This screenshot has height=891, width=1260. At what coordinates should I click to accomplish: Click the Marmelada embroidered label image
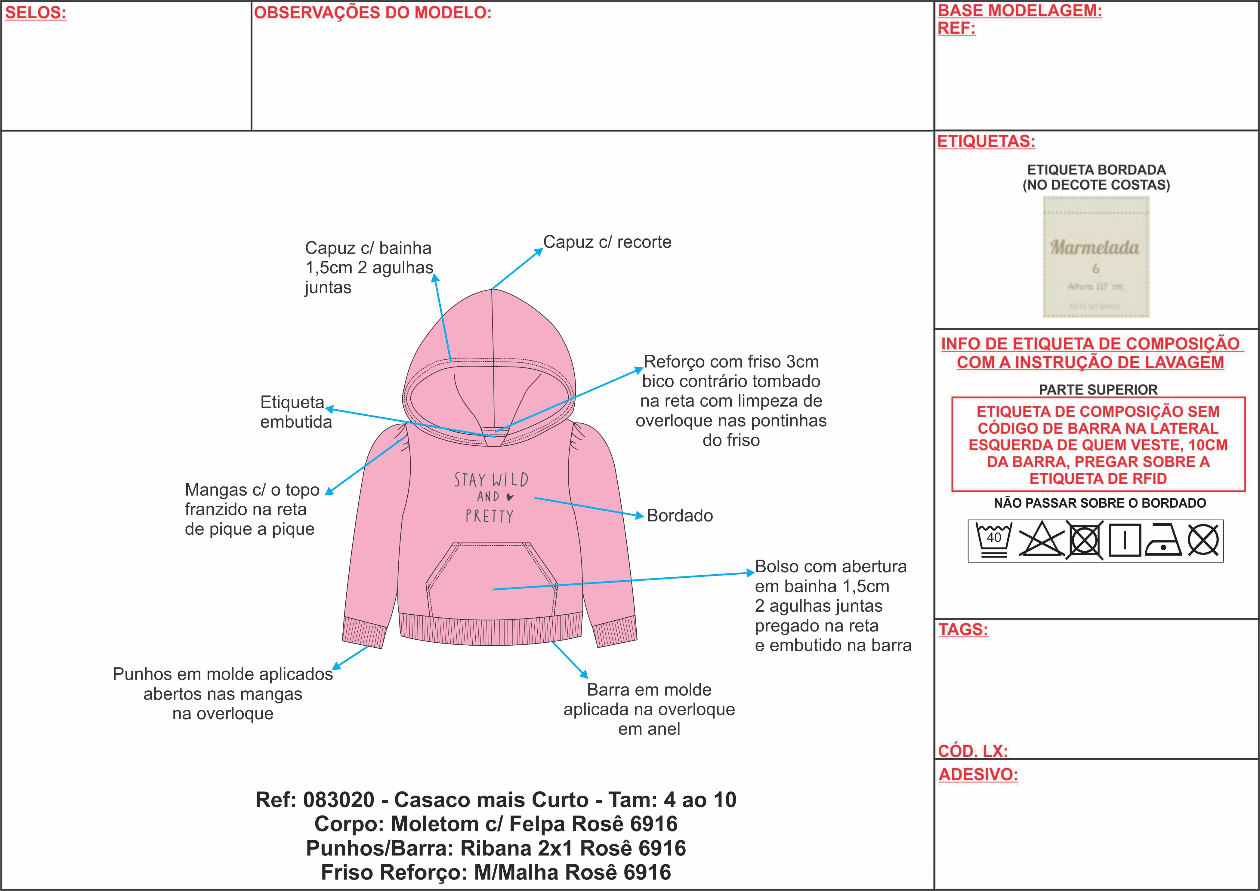coord(1096,257)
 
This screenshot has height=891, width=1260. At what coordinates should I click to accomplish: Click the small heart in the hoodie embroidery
coord(510,497)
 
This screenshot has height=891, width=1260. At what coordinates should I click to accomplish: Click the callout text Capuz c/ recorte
coord(607,242)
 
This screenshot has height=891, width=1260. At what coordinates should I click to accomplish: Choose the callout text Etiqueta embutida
coord(296,412)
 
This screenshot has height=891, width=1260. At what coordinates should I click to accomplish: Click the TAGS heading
coord(963,629)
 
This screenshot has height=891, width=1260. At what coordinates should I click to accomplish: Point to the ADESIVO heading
coord(978,775)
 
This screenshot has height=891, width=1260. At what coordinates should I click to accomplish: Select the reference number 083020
coord(338,800)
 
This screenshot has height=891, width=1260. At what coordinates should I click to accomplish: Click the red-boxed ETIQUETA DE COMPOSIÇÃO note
coord(1098,444)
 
